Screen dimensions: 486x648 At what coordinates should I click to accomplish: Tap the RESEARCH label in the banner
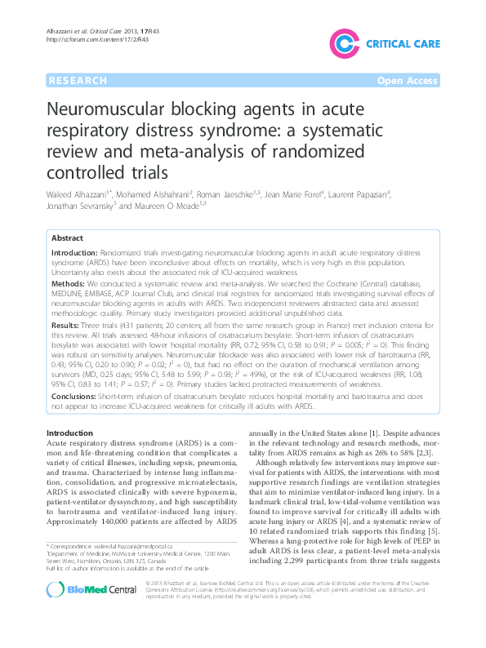78,82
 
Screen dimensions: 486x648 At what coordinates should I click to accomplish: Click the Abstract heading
67,237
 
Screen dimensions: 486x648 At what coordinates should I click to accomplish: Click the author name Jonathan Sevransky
78,206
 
